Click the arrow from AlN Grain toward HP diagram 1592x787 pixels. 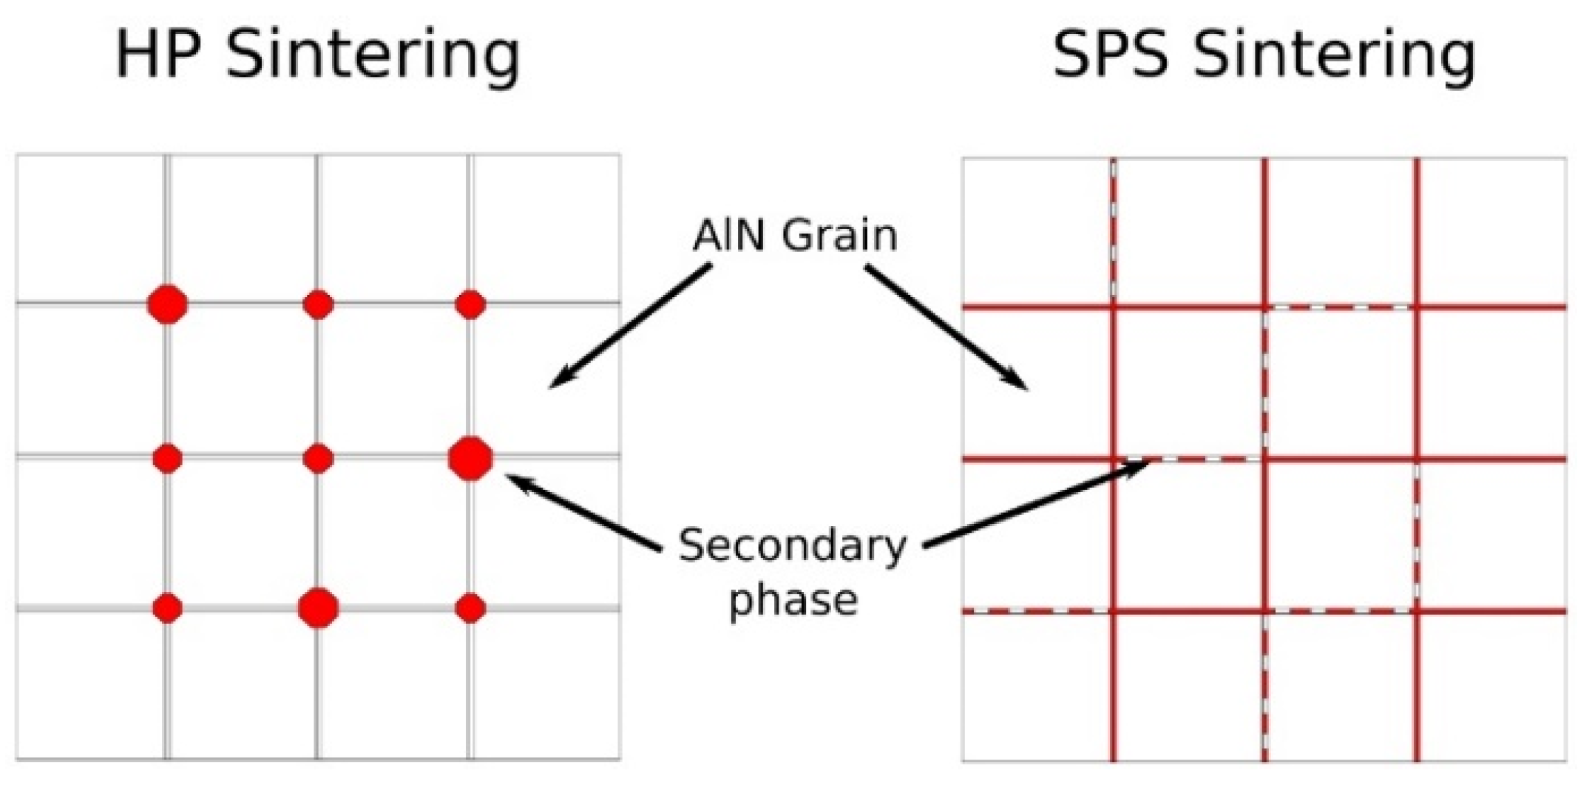click(629, 327)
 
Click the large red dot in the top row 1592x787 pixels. click(168, 304)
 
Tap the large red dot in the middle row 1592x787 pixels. click(470, 458)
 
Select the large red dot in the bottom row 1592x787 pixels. click(319, 608)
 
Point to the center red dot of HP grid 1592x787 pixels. click(319, 459)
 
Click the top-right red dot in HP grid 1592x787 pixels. click(470, 304)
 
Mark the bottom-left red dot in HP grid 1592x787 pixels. click(168, 608)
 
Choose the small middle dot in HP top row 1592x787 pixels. click(319, 304)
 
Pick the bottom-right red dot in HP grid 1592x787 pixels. click(470, 608)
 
